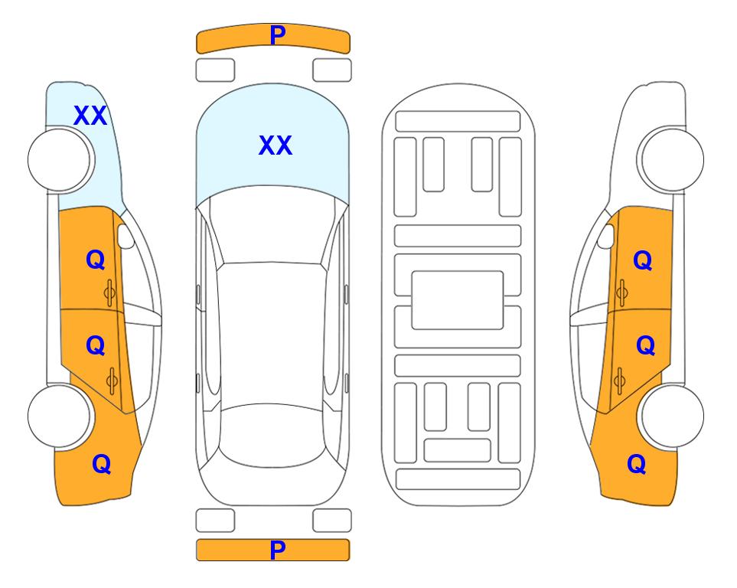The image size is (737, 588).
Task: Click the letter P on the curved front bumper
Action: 278,35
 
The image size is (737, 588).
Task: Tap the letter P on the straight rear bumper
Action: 278,550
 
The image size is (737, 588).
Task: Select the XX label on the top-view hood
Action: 276,145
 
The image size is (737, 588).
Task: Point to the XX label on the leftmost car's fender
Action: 90,116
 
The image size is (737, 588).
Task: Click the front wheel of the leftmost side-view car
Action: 60,160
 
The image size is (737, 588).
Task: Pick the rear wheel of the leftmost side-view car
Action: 59,416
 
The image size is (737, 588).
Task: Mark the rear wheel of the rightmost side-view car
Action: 672,416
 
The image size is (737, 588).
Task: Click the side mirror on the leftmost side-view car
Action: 126,236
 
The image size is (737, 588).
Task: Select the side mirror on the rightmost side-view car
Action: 606,236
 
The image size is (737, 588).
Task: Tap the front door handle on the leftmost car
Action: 109,293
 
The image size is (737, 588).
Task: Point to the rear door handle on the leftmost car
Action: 112,381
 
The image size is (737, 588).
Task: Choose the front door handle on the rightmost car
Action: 622,293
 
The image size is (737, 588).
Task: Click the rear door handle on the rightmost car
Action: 619,381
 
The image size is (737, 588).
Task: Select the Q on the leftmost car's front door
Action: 96,260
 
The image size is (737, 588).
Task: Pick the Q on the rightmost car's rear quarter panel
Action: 637,464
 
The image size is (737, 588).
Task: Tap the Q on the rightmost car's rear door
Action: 646,346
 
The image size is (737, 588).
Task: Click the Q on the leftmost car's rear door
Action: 96,346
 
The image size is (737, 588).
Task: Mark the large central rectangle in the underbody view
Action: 458,300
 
